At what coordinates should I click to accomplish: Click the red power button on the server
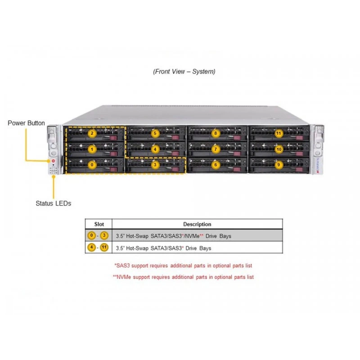tap(53, 161)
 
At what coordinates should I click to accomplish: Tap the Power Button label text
tap(26, 123)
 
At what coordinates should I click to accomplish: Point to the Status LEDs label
tap(53, 203)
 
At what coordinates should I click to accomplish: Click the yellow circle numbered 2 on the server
tap(92, 133)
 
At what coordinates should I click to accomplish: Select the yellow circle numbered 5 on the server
tap(155, 133)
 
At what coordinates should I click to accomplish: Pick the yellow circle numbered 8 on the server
tap(216, 133)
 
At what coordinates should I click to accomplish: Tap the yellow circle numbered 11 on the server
tap(279, 133)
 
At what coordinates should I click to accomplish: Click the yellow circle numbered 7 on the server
tap(216, 149)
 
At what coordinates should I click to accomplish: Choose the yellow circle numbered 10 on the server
tap(279, 149)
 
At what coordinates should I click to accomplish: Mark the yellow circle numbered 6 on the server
tap(216, 165)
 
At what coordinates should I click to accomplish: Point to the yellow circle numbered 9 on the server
tap(279, 165)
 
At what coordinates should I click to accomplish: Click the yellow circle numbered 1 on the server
tap(92, 149)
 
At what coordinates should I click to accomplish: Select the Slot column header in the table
tap(99, 224)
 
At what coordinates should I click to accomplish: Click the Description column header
tap(197, 224)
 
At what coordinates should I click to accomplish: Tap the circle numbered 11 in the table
tap(104, 247)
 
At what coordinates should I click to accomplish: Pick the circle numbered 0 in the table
tap(91, 235)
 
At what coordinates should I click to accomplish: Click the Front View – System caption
tap(184, 72)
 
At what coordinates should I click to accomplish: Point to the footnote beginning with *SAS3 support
tap(183, 265)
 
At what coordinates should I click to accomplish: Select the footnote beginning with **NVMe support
tap(183, 277)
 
